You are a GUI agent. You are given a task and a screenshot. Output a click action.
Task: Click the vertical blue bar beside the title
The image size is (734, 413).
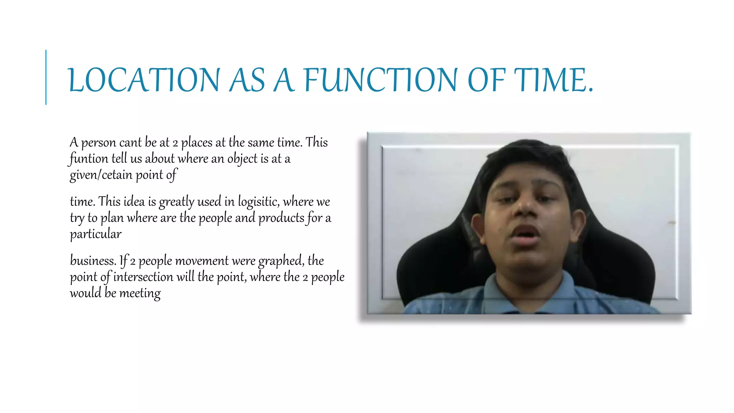pos(46,77)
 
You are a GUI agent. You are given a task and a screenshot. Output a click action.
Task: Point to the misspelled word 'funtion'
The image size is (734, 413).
pos(89,158)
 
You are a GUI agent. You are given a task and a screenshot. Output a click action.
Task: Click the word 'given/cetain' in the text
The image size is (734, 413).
pos(101,175)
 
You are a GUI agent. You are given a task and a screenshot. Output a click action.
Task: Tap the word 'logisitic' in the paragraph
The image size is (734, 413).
pos(258,202)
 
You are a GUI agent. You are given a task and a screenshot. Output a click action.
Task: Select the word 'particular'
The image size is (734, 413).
pos(95,234)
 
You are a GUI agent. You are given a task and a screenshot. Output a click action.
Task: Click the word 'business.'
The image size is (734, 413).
pos(93,261)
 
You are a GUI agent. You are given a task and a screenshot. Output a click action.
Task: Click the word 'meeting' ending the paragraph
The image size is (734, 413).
pos(140,293)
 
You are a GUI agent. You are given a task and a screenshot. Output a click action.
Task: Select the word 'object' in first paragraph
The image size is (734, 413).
pos(242,159)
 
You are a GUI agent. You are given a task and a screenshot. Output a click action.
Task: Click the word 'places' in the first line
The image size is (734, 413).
pos(197,143)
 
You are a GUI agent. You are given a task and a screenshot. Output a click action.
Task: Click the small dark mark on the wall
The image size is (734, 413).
pos(671,223)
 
